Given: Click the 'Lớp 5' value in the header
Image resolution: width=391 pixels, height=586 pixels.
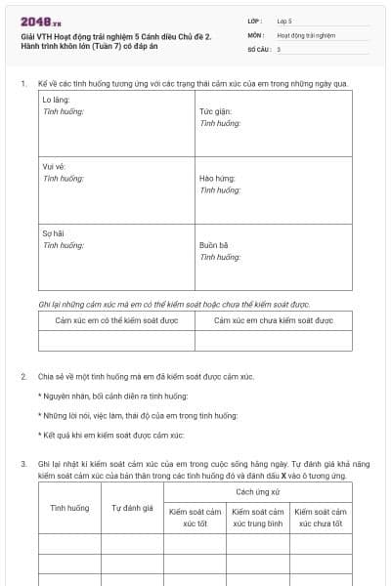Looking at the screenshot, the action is pyautogui.click(x=283, y=21).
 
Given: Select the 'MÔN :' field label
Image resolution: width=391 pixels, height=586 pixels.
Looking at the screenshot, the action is pyautogui.click(x=256, y=34).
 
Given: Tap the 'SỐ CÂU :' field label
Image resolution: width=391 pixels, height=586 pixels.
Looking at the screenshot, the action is pyautogui.click(x=259, y=49).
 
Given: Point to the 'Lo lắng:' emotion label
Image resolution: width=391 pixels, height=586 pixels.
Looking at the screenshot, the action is pyautogui.click(x=57, y=101).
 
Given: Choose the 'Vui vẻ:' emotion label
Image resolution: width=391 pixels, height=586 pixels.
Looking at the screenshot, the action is pyautogui.click(x=55, y=167).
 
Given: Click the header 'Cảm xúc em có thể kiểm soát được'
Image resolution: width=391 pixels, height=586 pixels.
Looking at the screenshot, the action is pyautogui.click(x=116, y=319).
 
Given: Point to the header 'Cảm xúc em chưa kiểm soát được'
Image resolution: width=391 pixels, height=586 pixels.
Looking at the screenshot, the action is pyautogui.click(x=273, y=319).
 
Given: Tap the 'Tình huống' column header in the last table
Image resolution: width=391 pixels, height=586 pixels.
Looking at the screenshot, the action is pyautogui.click(x=69, y=508).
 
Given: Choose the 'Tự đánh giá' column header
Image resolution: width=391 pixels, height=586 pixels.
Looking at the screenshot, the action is pyautogui.click(x=132, y=508).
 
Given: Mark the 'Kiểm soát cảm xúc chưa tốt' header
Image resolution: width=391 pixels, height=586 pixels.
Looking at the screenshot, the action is pyautogui.click(x=321, y=517).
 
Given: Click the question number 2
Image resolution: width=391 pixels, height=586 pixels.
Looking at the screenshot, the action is pyautogui.click(x=23, y=376).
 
